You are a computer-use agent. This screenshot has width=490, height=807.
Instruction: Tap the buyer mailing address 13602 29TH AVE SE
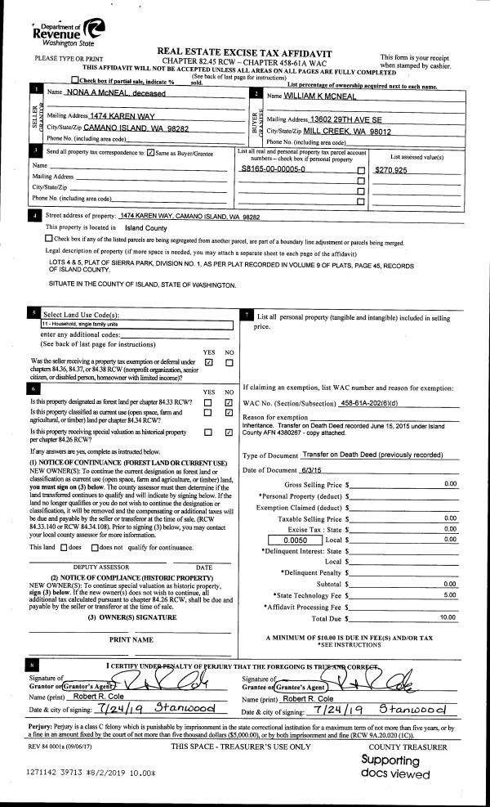[x=351, y=119]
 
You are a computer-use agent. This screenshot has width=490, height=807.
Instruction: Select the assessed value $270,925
[x=390, y=170]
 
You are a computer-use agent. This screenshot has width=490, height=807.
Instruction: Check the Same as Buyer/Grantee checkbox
[x=150, y=153]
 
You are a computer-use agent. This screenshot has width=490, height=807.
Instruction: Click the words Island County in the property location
[x=145, y=227]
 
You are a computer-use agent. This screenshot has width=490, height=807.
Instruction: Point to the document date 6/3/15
[x=313, y=469]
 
